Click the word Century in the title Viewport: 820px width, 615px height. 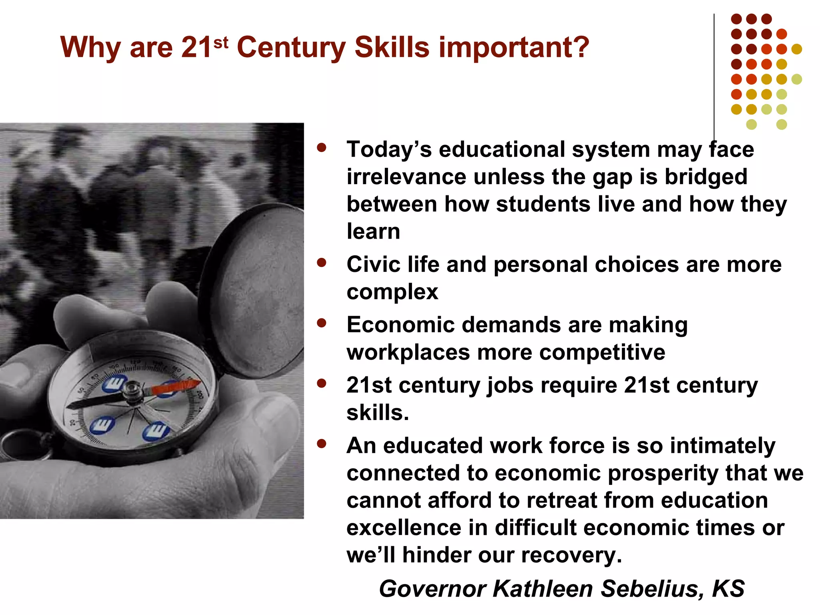(x=291, y=47)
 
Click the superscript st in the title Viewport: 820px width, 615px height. (x=221, y=42)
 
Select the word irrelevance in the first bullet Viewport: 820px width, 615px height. (x=406, y=177)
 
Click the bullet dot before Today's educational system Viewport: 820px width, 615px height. (x=321, y=147)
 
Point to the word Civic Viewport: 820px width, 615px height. (x=373, y=265)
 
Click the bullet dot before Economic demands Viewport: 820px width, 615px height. (x=321, y=323)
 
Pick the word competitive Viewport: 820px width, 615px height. (x=602, y=353)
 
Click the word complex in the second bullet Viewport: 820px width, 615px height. (x=392, y=291)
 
